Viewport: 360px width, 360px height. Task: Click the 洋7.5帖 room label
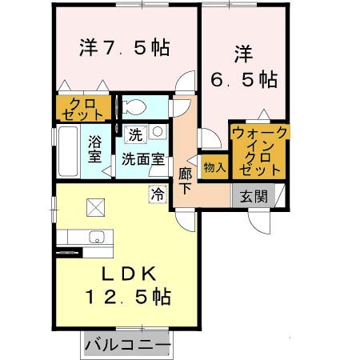(x=124, y=47)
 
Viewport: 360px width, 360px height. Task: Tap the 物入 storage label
(x=214, y=167)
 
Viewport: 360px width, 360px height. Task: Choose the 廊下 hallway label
(x=186, y=179)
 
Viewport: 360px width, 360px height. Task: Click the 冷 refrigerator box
(x=157, y=193)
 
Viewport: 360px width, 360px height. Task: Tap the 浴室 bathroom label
(x=94, y=147)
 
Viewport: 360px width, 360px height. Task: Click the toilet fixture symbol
(x=134, y=106)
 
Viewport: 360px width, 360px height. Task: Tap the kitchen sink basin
(x=97, y=236)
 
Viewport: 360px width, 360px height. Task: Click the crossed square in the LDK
(x=97, y=207)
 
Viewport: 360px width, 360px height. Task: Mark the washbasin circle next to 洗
(x=158, y=131)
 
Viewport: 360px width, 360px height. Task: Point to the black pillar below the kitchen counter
(x=65, y=254)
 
